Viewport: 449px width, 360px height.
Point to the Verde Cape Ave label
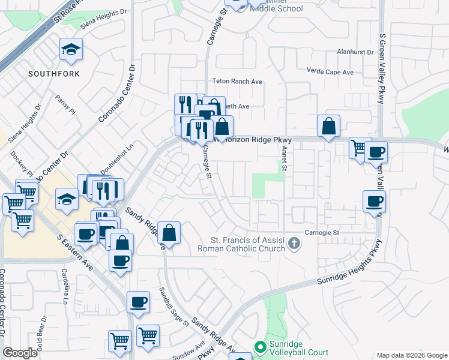pyautogui.click(x=330, y=72)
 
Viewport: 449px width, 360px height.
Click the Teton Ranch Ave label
pyautogui.click(x=238, y=81)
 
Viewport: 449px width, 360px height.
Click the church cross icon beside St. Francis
pyautogui.click(x=294, y=244)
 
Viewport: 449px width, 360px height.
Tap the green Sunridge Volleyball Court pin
pyautogui.click(x=259, y=347)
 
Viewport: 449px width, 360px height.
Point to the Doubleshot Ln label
pyautogui.click(x=116, y=159)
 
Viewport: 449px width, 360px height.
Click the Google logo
pyautogui.click(x=20, y=353)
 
